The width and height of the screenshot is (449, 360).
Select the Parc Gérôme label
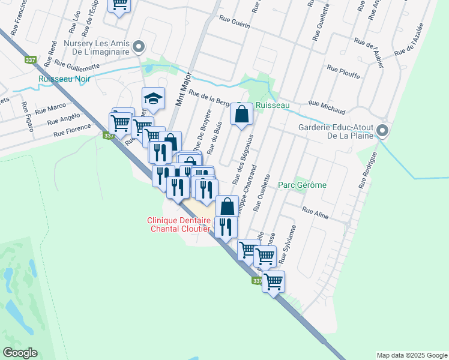[303, 185]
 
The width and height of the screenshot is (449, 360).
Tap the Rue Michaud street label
[327, 107]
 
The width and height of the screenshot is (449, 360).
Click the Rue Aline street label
[316, 212]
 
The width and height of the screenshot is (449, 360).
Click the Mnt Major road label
[184, 90]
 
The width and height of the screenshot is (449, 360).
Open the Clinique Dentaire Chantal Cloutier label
[179, 224]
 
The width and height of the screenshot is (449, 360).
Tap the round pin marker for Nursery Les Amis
[139, 46]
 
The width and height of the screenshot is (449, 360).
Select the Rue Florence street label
[72, 130]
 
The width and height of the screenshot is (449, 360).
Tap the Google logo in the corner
[20, 353]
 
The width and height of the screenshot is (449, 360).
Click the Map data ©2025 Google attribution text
[411, 355]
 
